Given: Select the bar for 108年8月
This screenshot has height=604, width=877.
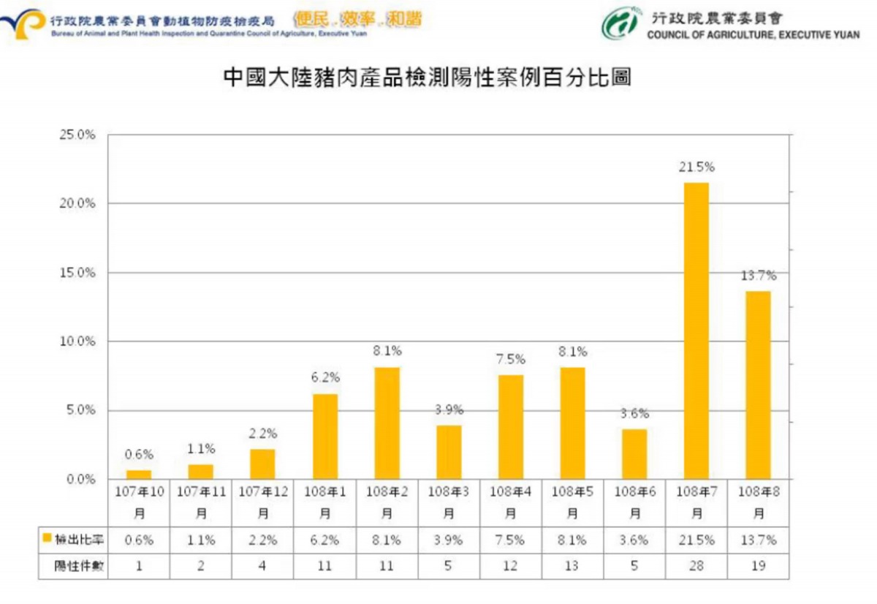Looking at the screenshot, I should coord(758,385).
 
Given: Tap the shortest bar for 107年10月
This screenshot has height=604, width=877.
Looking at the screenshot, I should coord(139,475).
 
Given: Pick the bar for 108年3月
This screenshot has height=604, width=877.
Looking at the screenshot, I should coord(449,452).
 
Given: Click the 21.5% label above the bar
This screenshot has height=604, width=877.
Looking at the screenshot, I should coord(696,167).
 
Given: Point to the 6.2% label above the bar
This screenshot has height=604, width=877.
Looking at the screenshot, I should coord(325,377).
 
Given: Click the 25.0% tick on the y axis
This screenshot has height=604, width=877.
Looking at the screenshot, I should coord(77,135).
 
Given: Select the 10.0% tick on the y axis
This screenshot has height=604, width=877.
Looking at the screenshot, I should coord(77,341).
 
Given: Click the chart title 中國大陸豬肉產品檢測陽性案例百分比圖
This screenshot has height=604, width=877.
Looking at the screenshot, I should coord(427,79).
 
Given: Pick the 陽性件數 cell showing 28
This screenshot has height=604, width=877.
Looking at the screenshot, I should coord(696,565).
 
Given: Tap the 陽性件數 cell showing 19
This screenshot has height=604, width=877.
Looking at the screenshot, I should coord(758,565).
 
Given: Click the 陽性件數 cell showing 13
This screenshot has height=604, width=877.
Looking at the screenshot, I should coord(572,565).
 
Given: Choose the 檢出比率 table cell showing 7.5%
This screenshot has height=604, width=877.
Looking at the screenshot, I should coord(510,540).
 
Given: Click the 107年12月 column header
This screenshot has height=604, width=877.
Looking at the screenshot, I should coord(262,502).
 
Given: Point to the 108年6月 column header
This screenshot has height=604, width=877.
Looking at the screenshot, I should coord(634,502).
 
